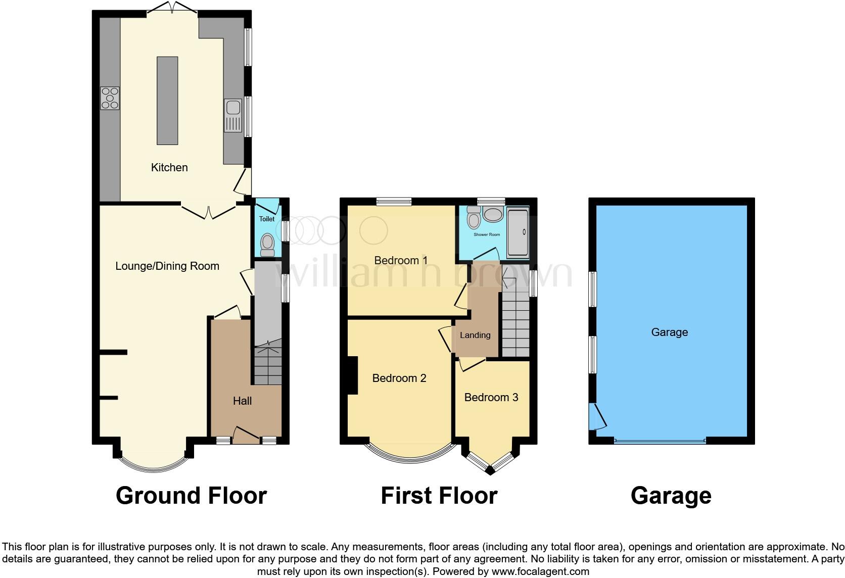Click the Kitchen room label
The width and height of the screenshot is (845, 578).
[x=169, y=167]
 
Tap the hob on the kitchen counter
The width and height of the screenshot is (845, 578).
[x=110, y=98]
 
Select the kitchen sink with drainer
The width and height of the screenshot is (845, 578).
[x=233, y=115]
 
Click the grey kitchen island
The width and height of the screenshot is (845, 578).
[x=167, y=101]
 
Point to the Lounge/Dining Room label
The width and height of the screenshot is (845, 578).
[x=167, y=266]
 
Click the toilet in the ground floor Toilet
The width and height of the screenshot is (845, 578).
[x=267, y=244]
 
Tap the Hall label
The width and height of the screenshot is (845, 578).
[x=242, y=401]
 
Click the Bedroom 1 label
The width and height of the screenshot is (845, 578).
[x=401, y=260]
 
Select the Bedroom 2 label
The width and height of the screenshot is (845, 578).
[x=399, y=378]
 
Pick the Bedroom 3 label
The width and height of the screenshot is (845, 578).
[x=491, y=397]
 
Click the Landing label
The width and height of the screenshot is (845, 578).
[x=475, y=335]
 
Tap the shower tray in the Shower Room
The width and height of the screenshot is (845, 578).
[x=518, y=232]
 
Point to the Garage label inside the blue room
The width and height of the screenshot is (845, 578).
[x=669, y=332]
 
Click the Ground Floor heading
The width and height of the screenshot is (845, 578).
[x=191, y=496]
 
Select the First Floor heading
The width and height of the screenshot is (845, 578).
[x=439, y=496]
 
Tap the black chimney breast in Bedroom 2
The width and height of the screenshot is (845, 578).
[x=352, y=375]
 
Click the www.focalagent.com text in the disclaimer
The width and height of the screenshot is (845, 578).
[x=540, y=572]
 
